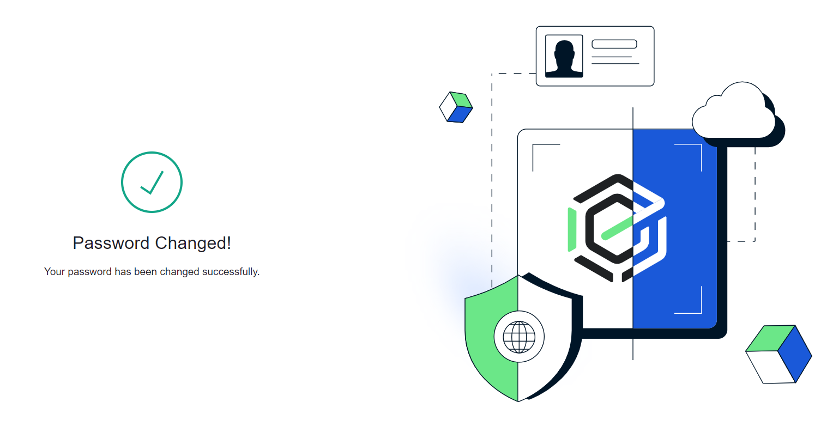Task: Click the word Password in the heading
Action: point(111,243)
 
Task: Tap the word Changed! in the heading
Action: point(193,244)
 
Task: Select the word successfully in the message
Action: point(231,272)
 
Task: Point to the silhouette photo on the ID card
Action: point(564,56)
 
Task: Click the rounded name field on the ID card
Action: point(614,44)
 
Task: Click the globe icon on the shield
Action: point(519,337)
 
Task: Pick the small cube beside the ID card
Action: point(456,107)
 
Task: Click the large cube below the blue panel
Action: point(778,354)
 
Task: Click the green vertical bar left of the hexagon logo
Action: point(572,229)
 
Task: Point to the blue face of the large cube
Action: point(795,354)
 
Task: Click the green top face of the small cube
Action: point(461,100)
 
